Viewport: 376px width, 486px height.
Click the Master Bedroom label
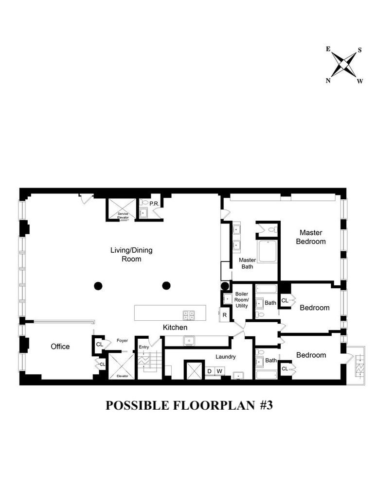[x=311, y=237]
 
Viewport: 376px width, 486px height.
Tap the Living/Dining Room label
[x=131, y=255]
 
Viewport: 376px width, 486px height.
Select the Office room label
[x=60, y=347]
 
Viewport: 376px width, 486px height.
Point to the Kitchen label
[x=175, y=327]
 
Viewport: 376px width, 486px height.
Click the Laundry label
[x=226, y=357]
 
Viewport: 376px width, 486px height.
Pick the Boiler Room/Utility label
[x=242, y=300]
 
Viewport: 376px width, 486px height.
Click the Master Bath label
[x=247, y=263]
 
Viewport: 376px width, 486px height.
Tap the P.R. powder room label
[x=154, y=204]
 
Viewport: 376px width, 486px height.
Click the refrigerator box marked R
[x=225, y=315]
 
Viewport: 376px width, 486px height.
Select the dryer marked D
[x=210, y=371]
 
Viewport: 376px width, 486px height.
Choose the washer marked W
[x=219, y=371]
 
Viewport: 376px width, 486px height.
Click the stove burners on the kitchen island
[x=189, y=315]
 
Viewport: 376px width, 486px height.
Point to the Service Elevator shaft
[x=122, y=210]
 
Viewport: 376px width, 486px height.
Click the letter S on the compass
[x=359, y=50]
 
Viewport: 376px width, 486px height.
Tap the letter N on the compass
[x=328, y=81]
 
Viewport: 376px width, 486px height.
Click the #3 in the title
[x=266, y=405]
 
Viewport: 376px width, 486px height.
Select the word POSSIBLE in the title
[x=137, y=405]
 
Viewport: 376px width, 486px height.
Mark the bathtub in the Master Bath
[x=267, y=251]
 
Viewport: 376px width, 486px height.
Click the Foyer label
[x=122, y=340]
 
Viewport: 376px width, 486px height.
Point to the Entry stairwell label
[x=143, y=347]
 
